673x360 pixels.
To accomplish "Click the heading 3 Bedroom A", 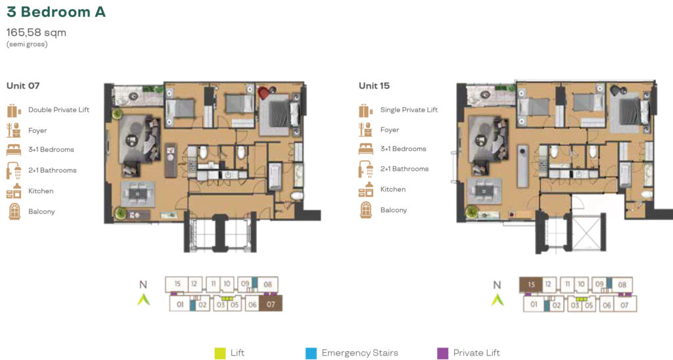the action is click(x=57, y=12).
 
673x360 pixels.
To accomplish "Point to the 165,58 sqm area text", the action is click(x=37, y=33).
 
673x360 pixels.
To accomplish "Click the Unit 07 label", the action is click(x=23, y=86).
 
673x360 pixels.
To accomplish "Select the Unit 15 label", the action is click(x=374, y=86).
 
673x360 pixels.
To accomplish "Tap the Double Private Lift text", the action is click(x=58, y=110).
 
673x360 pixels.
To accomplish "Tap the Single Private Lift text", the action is click(x=409, y=110).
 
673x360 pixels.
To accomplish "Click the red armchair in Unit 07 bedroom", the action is click(x=264, y=92).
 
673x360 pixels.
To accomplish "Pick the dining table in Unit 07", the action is click(x=137, y=194).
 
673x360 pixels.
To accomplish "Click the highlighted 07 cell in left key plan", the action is click(x=271, y=304).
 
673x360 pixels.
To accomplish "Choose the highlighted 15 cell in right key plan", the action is click(x=531, y=284).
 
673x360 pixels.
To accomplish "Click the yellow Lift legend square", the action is click(x=220, y=353).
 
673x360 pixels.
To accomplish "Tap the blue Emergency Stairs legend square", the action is click(x=311, y=353).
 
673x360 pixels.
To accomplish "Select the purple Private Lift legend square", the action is click(x=442, y=353).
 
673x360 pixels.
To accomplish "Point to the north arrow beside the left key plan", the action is click(x=143, y=299).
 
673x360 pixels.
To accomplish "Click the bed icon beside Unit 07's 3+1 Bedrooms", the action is click(x=14, y=150).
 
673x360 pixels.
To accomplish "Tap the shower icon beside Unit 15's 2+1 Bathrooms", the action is click(x=365, y=169).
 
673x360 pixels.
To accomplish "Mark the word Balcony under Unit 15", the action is click(x=394, y=210).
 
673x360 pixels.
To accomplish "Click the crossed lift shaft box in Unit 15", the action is click(x=586, y=233).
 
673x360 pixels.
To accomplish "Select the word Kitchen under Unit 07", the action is click(x=41, y=191).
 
